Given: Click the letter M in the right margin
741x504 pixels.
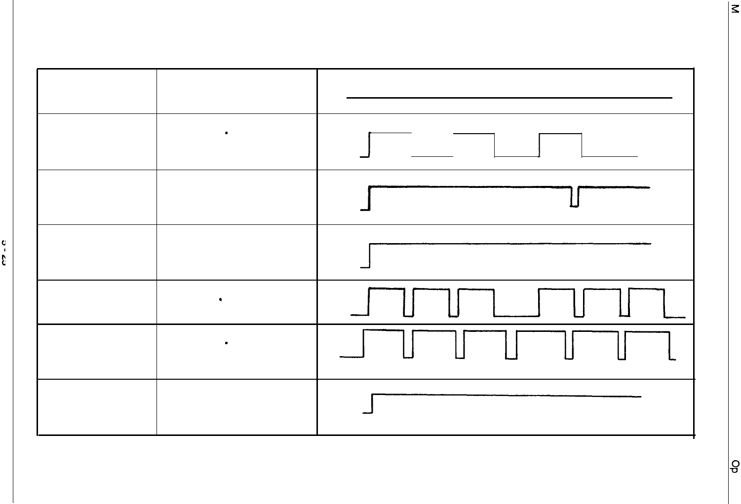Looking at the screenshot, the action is pyautogui.click(x=735, y=10).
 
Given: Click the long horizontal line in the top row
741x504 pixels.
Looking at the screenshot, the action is pyautogui.click(x=509, y=98).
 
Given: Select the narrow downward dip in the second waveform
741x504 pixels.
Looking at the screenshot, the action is pyautogui.click(x=574, y=197).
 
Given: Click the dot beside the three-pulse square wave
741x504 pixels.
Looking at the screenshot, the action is pyautogui.click(x=226, y=133).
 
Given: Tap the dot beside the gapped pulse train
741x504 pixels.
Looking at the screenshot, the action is pyautogui.click(x=220, y=299).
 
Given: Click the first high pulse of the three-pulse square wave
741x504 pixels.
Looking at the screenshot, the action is pyautogui.click(x=390, y=134).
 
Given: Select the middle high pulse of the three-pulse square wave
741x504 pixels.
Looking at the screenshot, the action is pyautogui.click(x=474, y=134).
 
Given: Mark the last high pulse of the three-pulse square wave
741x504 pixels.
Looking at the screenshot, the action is pyautogui.click(x=561, y=134).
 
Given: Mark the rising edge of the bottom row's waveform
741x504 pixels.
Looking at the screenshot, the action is pyautogui.click(x=372, y=403).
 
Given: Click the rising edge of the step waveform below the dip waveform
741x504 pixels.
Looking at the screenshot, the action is pyautogui.click(x=370, y=255).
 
